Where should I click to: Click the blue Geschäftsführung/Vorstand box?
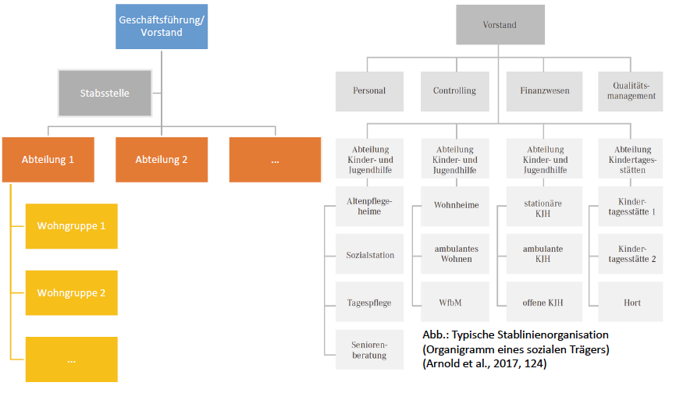[162, 26]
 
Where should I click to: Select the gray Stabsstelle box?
[105, 94]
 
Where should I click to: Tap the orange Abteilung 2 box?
[162, 160]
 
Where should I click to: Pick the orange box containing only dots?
[275, 160]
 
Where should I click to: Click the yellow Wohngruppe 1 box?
[71, 226]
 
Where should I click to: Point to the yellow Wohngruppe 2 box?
[71, 293]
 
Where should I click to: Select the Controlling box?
[454, 90]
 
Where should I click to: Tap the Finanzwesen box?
[544, 90]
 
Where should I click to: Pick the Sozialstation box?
[370, 255]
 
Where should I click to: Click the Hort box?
[632, 303]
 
